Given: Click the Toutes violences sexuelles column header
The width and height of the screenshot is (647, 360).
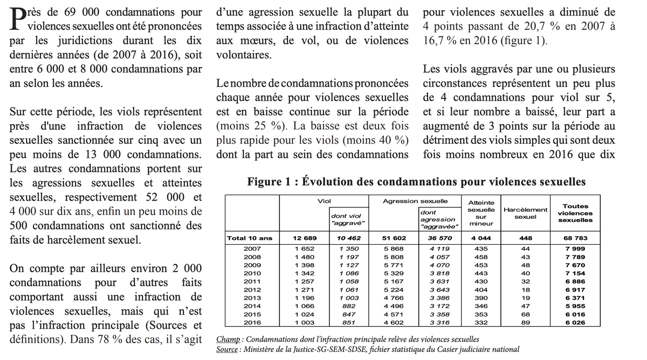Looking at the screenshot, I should [x=575, y=213].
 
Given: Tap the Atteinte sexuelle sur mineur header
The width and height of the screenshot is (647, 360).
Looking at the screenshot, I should [x=481, y=213].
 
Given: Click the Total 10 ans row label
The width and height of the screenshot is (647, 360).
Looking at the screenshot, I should [x=250, y=238].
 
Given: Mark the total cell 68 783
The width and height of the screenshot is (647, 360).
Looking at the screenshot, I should [x=575, y=238].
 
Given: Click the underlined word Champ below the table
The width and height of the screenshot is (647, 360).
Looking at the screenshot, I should [x=228, y=340].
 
